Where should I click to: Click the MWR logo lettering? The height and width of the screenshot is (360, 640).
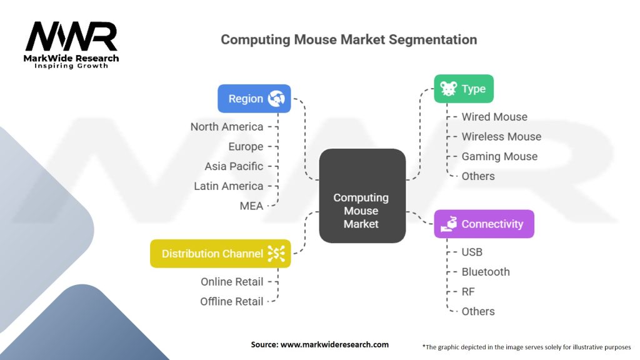71,36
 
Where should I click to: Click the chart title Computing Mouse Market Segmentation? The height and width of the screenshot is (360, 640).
349,39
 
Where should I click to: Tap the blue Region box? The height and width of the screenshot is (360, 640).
254,98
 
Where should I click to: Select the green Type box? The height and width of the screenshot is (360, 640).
464,89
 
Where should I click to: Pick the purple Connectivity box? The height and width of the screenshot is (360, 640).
484,224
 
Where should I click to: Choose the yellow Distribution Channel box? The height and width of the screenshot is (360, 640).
221,254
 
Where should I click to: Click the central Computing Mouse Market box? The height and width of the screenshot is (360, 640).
362,196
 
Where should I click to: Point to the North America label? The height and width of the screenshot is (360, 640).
227,126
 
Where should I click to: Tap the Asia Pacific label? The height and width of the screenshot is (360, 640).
234,166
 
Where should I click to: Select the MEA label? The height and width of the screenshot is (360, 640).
251,206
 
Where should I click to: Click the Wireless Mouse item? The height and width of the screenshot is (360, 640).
501,136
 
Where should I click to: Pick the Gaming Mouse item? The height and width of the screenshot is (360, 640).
499,156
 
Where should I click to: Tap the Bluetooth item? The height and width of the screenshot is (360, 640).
486,272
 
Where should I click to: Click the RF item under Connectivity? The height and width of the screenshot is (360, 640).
468,291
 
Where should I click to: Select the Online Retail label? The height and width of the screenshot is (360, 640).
232,282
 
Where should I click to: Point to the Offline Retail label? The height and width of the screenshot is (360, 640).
231,301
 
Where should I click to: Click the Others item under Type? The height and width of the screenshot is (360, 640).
478,176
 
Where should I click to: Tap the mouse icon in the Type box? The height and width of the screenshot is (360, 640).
448,89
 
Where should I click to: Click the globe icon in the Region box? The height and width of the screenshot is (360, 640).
276,98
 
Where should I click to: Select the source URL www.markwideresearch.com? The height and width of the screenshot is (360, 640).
335,344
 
